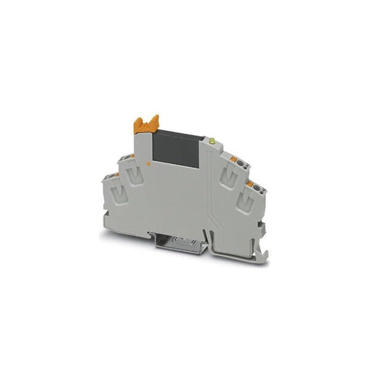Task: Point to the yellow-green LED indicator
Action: click(212, 142)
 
